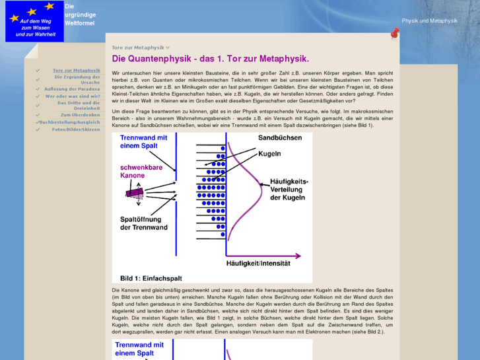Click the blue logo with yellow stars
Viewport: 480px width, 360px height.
(35, 21)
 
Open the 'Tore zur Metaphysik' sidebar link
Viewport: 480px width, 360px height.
(77, 70)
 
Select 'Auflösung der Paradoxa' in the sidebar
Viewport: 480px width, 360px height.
(72, 89)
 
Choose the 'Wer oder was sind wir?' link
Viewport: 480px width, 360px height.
(73, 96)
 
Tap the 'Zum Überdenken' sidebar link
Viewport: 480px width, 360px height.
(81, 115)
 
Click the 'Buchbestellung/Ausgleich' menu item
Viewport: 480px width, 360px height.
(69, 122)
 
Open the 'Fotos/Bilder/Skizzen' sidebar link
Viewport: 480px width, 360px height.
(76, 129)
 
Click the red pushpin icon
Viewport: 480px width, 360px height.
(395, 33)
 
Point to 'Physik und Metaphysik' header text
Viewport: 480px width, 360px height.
(429, 21)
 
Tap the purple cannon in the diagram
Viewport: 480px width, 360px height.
(135, 192)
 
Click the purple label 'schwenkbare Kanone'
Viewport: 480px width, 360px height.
(141, 172)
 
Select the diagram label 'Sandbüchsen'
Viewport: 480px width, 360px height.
(279, 138)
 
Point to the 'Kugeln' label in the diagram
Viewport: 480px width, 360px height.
(269, 154)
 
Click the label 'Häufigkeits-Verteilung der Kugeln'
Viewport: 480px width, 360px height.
(286, 189)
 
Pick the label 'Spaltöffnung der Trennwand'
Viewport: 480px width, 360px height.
(144, 223)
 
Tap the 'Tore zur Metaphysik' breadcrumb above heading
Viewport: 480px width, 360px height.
(138, 48)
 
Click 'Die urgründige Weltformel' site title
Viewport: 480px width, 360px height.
(80, 14)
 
